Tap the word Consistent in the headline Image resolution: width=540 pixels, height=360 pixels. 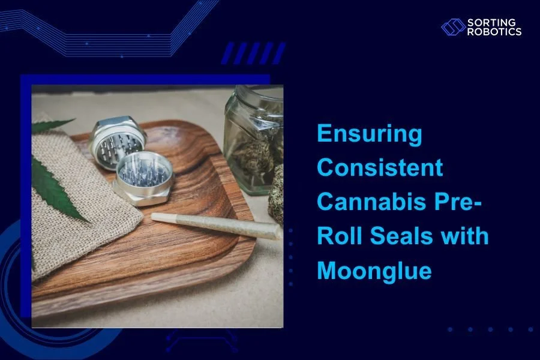(x=380, y=168)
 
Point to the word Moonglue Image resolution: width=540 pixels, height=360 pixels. (x=374, y=270)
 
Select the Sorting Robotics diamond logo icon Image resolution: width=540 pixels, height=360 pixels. (x=453, y=27)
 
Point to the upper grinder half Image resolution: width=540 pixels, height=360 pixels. (x=117, y=139)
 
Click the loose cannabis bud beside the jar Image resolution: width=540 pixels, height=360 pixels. (x=276, y=195)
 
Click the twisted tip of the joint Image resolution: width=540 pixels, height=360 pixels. (x=157, y=215)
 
